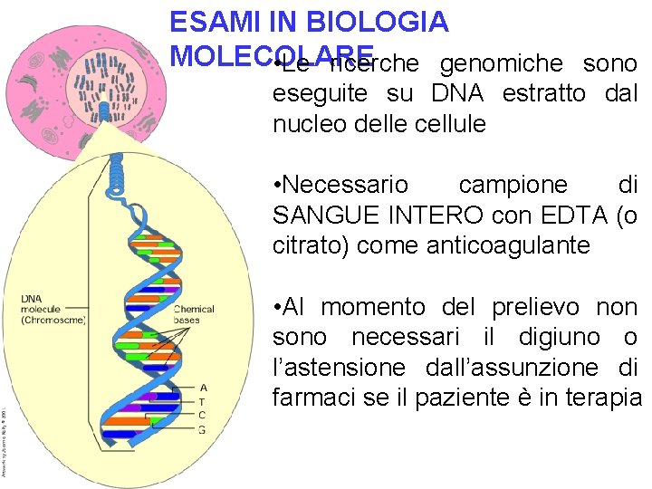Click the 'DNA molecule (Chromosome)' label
point(53,309)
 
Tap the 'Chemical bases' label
point(194,314)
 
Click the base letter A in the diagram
point(202,387)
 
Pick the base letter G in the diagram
point(202,429)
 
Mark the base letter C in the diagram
point(202,415)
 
